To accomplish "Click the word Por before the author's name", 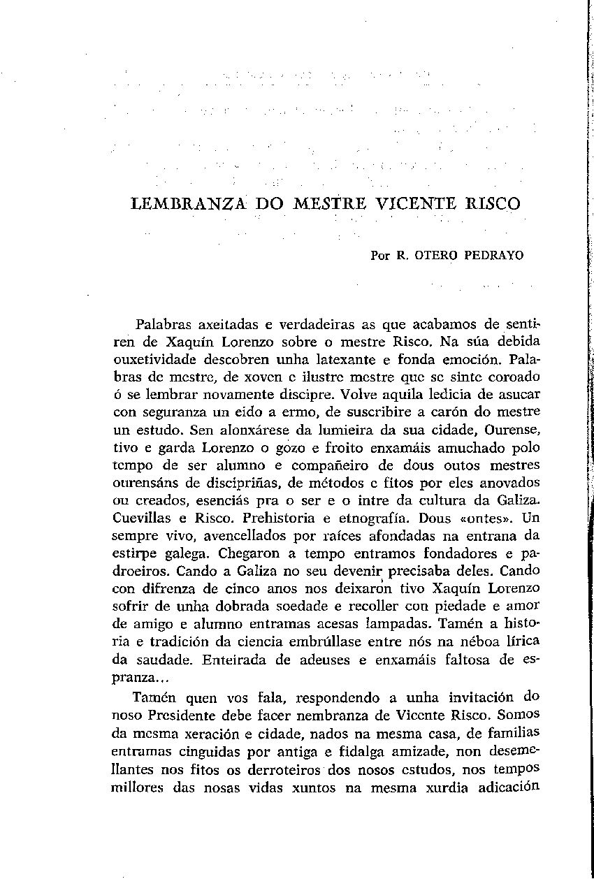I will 379,256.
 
